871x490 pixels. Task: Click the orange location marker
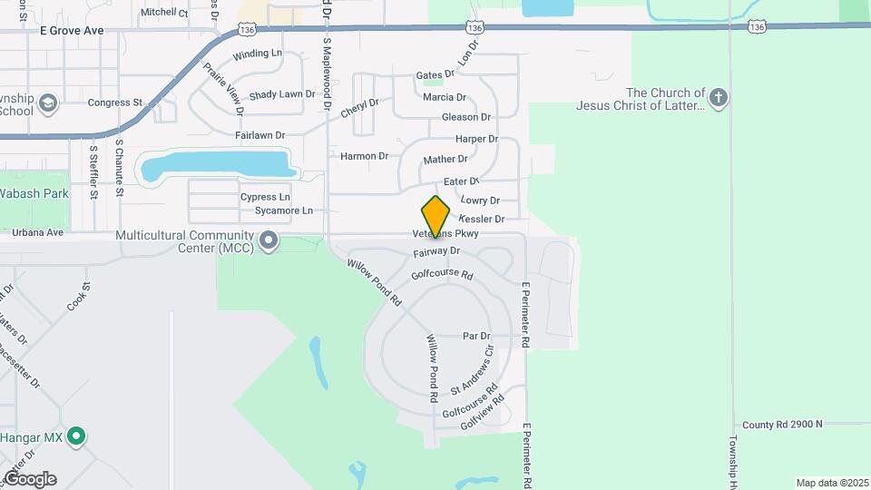point(435,217)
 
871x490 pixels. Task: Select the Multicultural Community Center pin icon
point(269,240)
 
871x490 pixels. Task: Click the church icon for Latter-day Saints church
point(719,98)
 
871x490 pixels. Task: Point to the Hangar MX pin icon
point(77,437)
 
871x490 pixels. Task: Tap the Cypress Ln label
point(265,197)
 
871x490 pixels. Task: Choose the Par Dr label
point(476,336)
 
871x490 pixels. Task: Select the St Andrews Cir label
point(476,369)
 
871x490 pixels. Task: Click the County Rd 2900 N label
point(782,424)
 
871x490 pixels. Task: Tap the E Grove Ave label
point(72,30)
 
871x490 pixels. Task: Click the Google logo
point(30,479)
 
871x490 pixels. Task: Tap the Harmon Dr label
point(364,156)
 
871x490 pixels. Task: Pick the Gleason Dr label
point(465,117)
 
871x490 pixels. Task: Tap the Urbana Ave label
point(38,232)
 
